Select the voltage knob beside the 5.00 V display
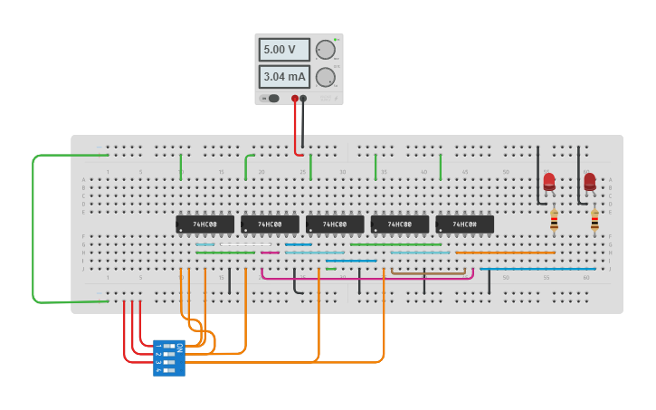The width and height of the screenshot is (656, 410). pos(325,50)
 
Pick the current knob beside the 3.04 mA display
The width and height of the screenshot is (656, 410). pos(325,78)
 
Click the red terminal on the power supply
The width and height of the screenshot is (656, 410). pos(295,98)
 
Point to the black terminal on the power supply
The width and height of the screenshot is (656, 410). pos(303,98)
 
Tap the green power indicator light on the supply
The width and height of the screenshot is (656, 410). pos(335,40)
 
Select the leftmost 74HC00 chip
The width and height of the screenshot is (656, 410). pos(204,224)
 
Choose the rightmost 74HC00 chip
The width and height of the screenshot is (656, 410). pos(464,224)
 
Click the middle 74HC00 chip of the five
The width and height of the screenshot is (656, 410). pos(335,224)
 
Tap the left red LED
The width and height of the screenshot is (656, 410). pos(549,182)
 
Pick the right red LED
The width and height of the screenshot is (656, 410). pos(590,182)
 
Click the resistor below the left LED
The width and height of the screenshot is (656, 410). pos(554,220)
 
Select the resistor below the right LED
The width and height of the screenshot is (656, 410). pos(594,220)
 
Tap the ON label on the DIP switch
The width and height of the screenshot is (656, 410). pos(179,347)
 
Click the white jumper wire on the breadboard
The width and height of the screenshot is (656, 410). pos(245,244)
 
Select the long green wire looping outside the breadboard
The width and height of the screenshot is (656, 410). pos(33,226)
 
